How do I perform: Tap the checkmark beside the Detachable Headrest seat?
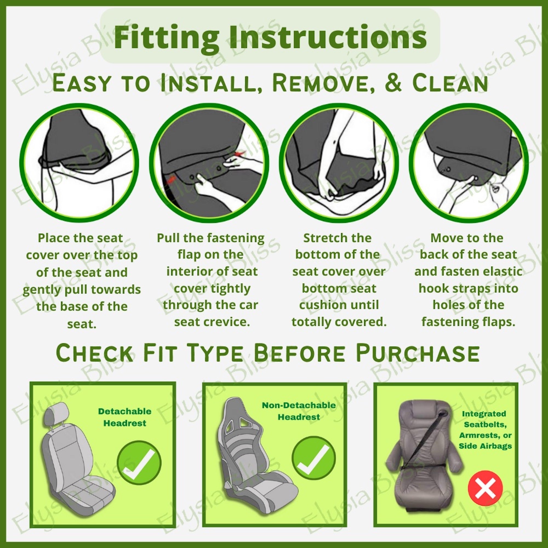(x=139, y=463)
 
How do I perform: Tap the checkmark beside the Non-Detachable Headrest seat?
(x=314, y=458)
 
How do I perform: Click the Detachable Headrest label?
(x=125, y=417)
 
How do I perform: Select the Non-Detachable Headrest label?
(x=299, y=411)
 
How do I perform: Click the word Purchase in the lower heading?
(x=417, y=353)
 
